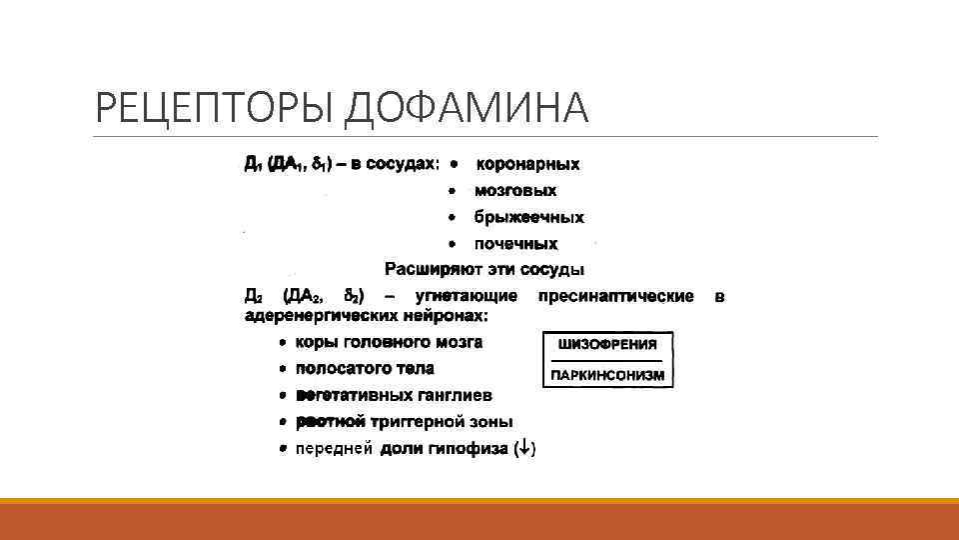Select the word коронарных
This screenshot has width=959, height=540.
526,163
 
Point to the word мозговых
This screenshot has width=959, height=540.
515,190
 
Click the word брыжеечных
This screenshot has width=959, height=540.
528,217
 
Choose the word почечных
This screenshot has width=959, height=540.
515,243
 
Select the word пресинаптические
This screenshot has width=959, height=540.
615,296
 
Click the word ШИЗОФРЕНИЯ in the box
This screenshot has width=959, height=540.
606,344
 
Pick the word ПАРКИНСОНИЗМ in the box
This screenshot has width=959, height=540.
606,376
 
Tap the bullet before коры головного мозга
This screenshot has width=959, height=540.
284,342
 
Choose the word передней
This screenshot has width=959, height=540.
335,449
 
